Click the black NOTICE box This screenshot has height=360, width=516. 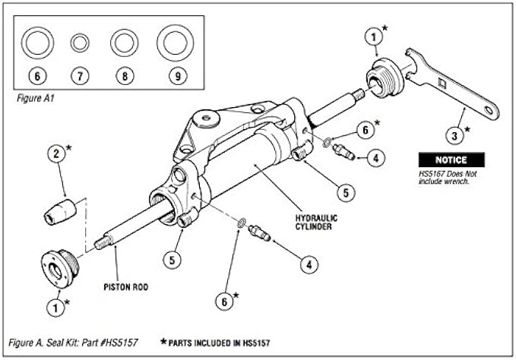click(445, 161)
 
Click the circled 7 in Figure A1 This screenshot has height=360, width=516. click(80, 76)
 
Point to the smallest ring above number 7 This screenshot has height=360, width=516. click(80, 43)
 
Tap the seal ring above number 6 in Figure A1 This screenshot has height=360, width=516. click(35, 43)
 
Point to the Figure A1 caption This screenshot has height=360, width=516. click(35, 99)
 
